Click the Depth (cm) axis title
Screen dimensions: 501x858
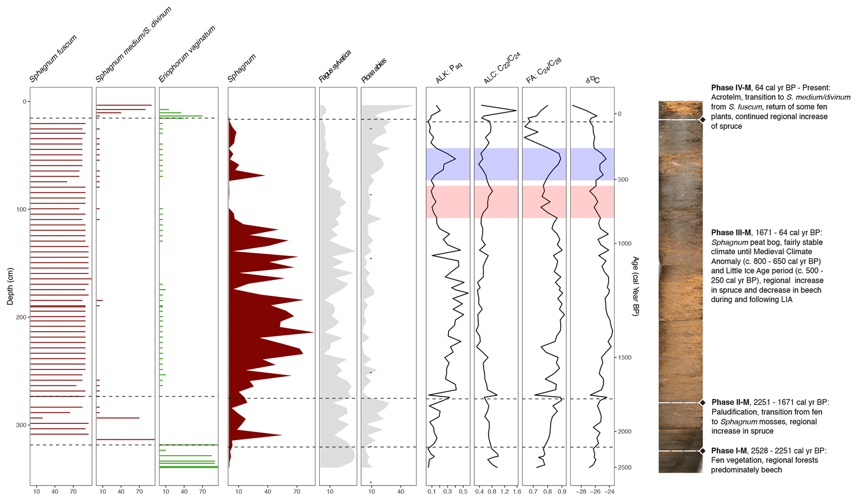(10, 286)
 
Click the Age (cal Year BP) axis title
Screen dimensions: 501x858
(635, 286)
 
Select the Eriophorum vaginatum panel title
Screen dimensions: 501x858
(187, 54)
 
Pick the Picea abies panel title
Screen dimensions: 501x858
(374, 70)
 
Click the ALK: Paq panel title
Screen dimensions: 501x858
(449, 73)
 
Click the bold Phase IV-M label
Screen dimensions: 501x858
(731, 88)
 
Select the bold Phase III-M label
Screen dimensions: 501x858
(731, 233)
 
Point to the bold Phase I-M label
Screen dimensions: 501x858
(729, 451)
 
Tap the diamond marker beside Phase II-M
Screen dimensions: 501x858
(703, 403)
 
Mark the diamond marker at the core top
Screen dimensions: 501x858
(703, 120)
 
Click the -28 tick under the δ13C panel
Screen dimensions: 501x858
(581, 492)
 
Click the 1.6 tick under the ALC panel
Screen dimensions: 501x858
(516, 492)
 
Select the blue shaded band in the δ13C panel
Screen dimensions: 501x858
(592, 164)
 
